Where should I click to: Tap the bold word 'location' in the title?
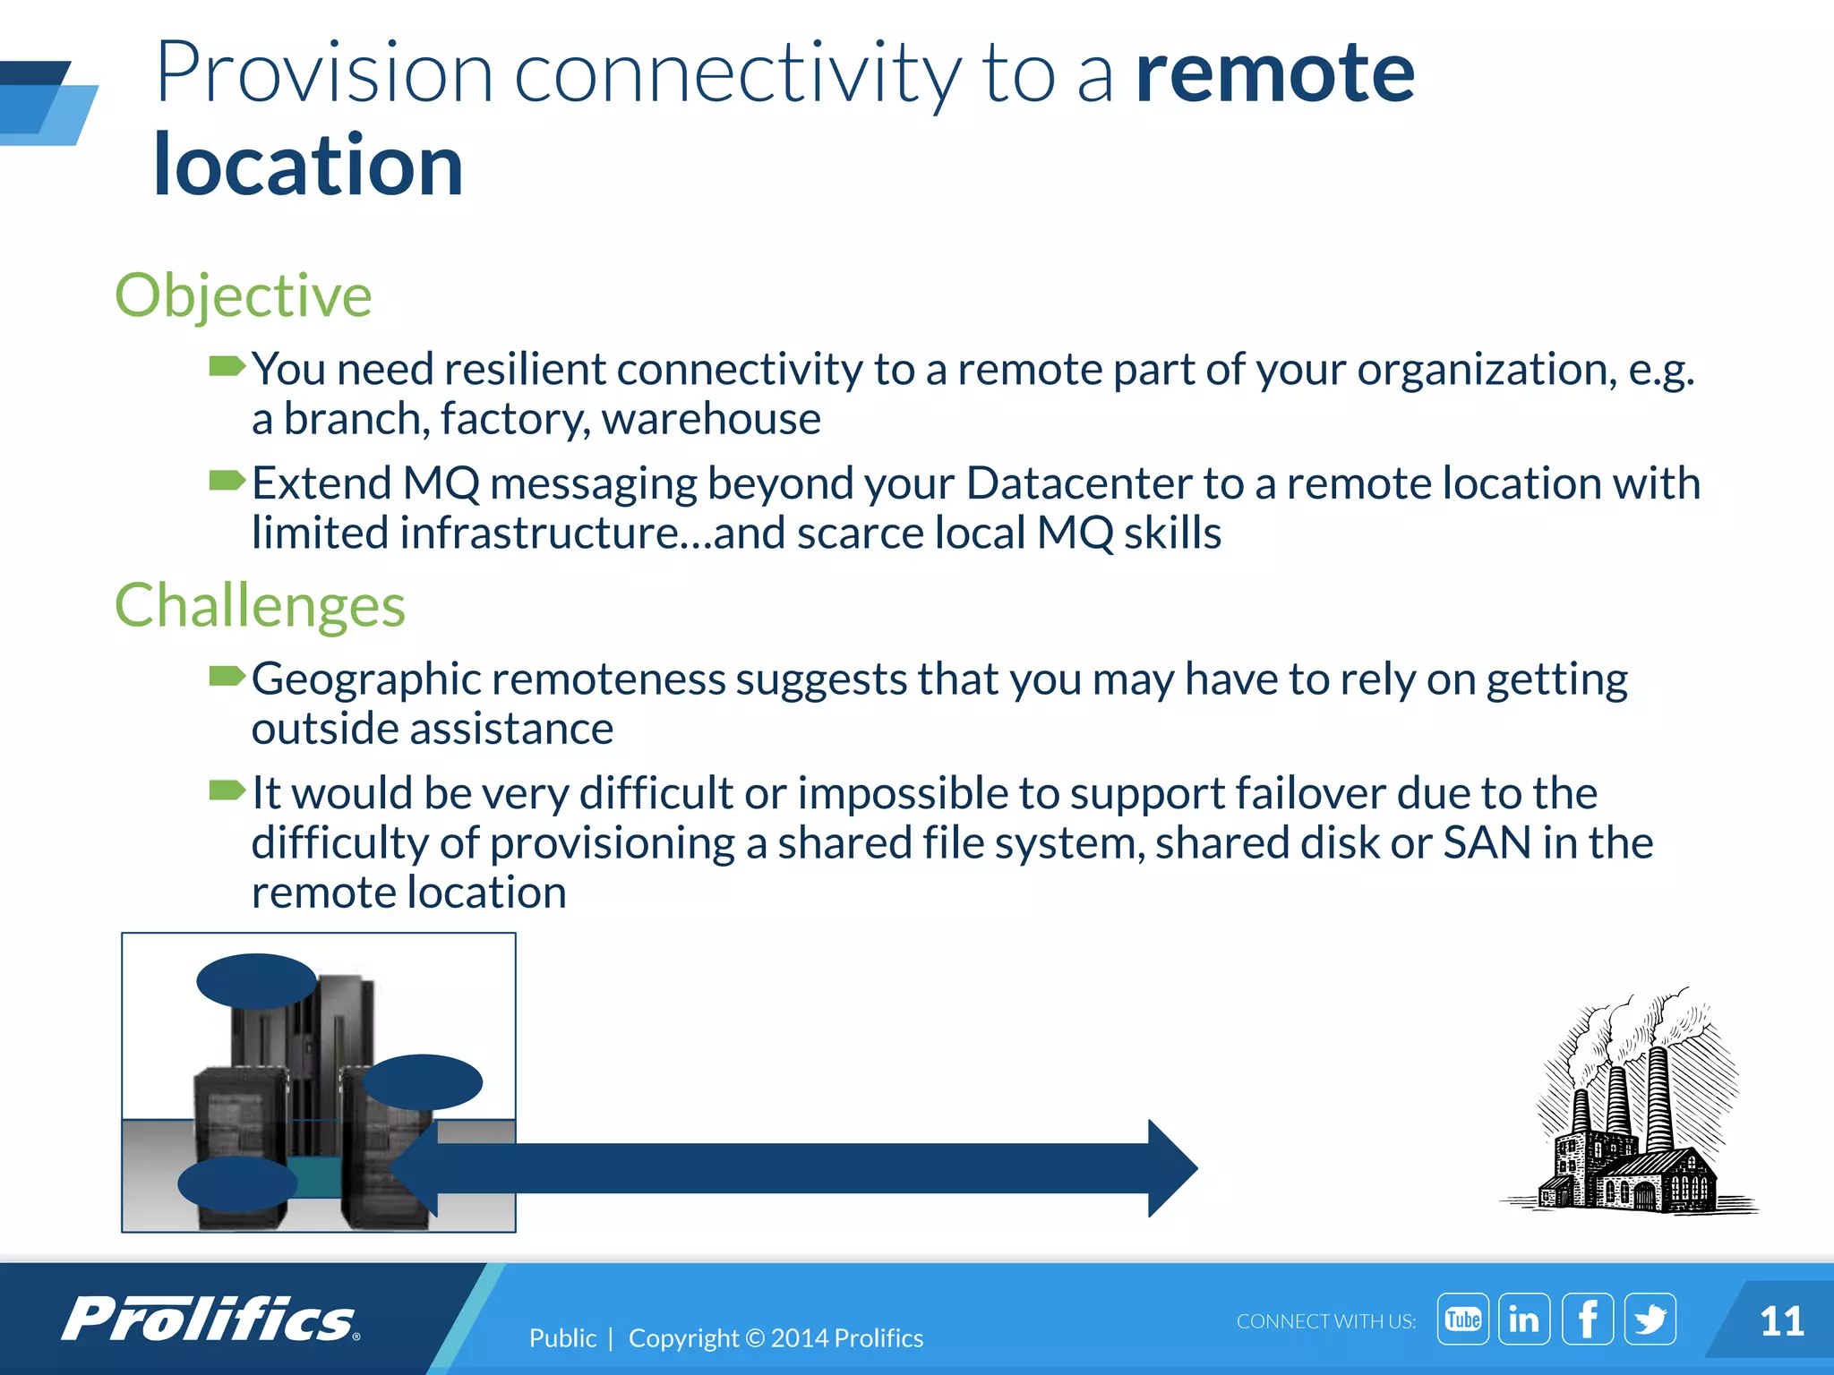(308, 167)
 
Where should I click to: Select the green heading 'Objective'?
(243, 295)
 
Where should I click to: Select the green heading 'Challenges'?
(260, 606)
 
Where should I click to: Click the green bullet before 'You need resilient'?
(227, 366)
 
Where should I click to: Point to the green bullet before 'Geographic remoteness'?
(227, 676)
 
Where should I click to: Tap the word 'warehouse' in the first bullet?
(711, 419)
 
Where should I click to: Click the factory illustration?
(1628, 1110)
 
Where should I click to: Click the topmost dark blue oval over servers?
(256, 981)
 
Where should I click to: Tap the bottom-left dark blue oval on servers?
(237, 1184)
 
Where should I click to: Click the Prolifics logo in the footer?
(210, 1319)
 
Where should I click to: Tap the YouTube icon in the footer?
(1462, 1319)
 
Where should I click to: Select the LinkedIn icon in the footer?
(1524, 1319)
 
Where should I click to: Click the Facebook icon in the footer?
(1587, 1319)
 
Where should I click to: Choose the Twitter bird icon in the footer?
(1650, 1319)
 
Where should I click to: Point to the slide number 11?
(1780, 1322)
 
